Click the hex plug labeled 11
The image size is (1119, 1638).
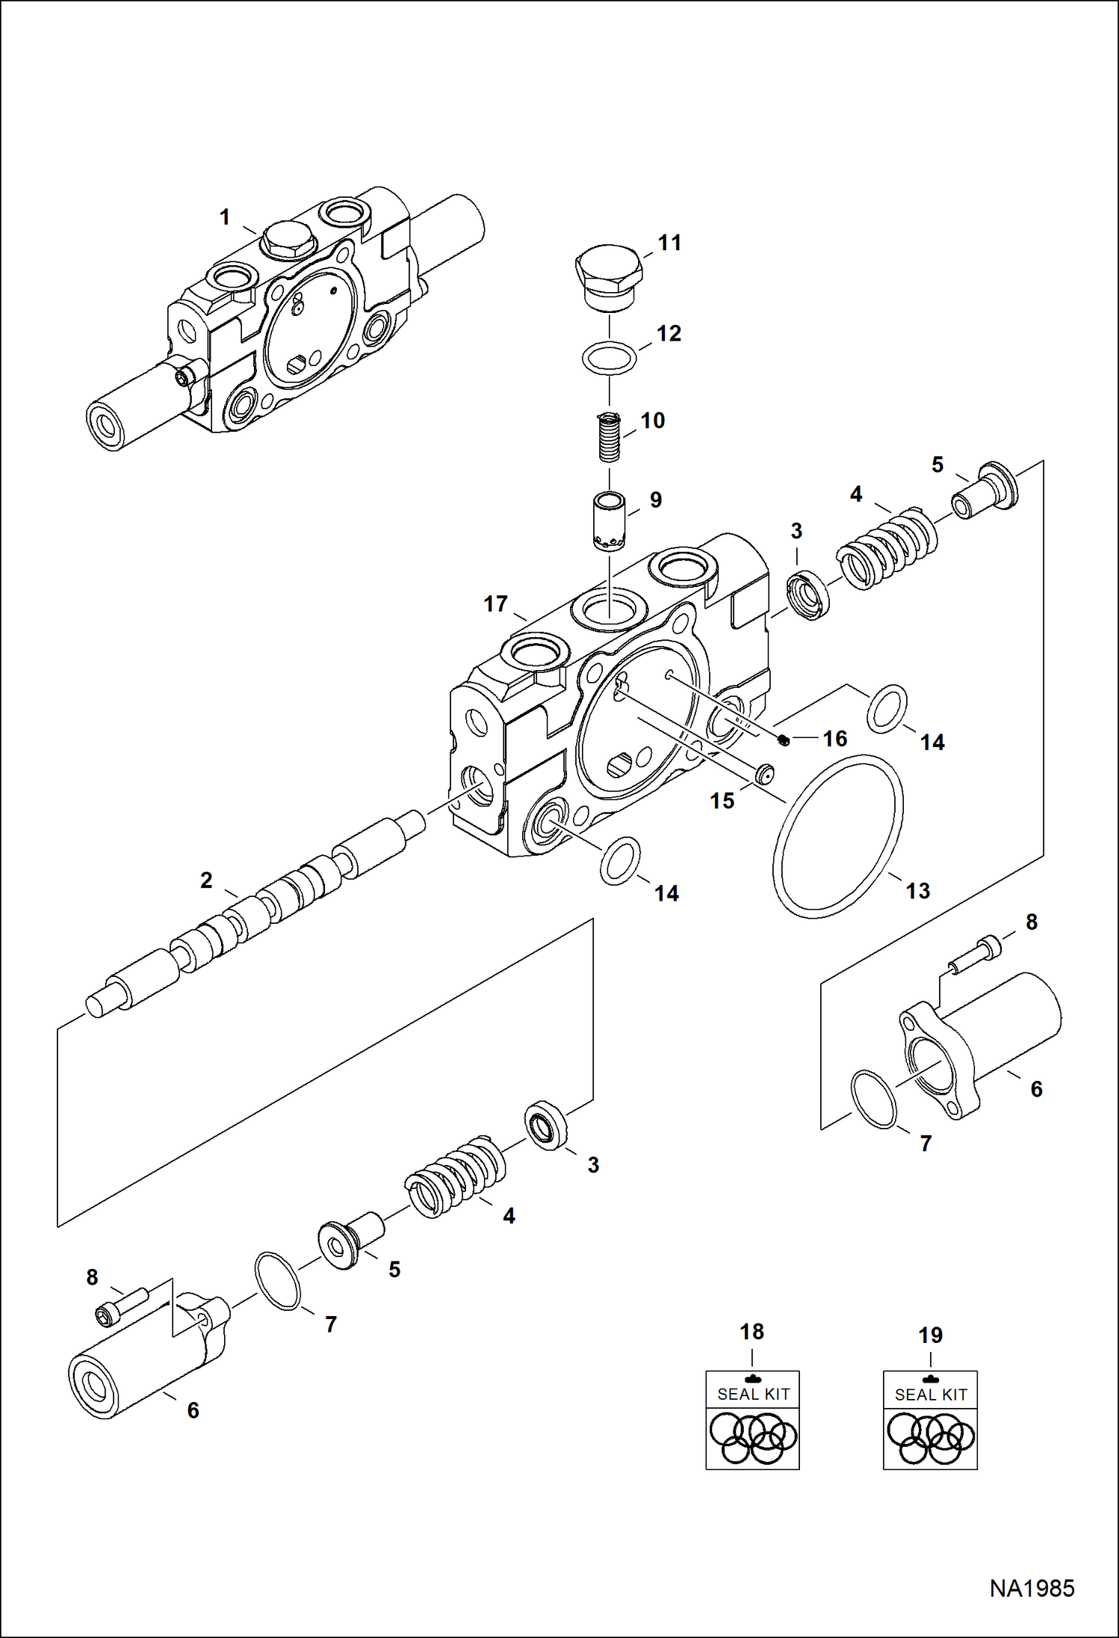click(x=609, y=276)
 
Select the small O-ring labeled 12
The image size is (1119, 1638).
click(x=609, y=358)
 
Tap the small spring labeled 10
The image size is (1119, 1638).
click(x=610, y=438)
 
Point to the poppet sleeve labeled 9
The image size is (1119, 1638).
click(x=610, y=521)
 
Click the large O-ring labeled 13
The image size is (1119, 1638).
click(x=837, y=836)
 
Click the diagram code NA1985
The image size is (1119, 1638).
click(x=1032, y=1588)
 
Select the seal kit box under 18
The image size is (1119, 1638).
click(x=752, y=1420)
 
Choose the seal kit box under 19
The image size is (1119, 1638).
click(x=930, y=1420)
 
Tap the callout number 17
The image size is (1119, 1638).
click(x=495, y=604)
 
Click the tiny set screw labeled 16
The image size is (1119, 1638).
click(x=783, y=739)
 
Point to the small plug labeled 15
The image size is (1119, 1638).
click(x=763, y=774)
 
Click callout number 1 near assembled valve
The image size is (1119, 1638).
click(x=224, y=217)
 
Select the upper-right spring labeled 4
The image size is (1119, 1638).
click(x=887, y=548)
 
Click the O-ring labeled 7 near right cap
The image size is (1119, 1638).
click(x=873, y=1099)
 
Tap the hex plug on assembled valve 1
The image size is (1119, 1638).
click(x=287, y=241)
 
